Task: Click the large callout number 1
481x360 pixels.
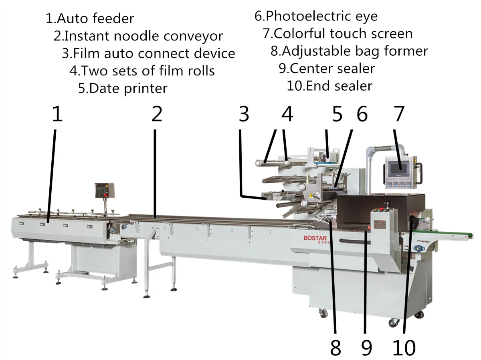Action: (x=58, y=114)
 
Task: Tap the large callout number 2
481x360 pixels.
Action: (x=157, y=114)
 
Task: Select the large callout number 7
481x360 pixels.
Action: (x=398, y=114)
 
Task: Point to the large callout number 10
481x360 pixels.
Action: (x=404, y=348)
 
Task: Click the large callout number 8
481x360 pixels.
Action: (x=335, y=348)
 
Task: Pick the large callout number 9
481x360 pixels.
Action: (x=366, y=348)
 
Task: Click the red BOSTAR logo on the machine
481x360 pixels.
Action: (x=315, y=238)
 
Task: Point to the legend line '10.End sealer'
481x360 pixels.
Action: (x=329, y=86)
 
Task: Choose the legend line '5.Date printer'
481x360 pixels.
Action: (x=123, y=88)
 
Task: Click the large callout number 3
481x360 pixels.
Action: (x=243, y=114)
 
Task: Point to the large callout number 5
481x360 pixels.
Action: (x=338, y=114)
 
